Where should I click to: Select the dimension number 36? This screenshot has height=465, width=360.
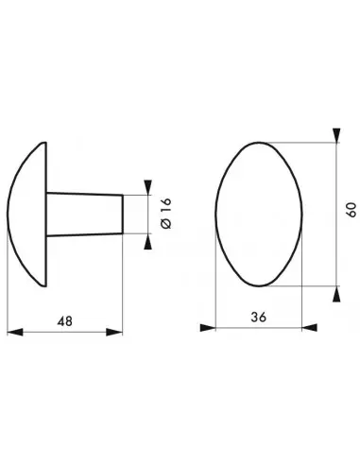tap(257, 318)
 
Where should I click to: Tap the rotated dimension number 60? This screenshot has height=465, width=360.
tap(351, 214)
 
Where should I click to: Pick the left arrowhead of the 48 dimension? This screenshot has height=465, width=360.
tap(12, 331)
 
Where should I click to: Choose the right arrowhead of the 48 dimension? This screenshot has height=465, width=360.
tap(117, 331)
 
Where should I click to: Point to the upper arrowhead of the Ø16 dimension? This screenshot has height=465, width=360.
tap(148, 187)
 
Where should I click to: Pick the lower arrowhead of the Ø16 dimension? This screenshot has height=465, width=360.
tap(148, 242)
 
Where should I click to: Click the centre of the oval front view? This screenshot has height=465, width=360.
tap(259, 215)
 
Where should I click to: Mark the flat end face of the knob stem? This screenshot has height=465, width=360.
tap(123, 215)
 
